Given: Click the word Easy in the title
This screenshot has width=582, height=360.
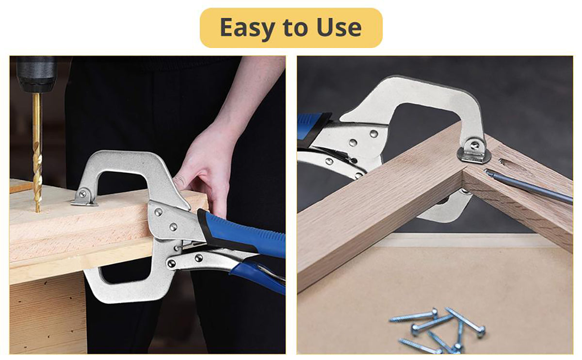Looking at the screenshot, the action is (247, 28).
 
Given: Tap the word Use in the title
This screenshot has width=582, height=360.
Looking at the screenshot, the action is (339, 27).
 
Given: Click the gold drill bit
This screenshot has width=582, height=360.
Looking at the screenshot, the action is (37, 152).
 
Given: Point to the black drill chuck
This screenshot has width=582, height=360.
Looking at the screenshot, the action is (36, 74).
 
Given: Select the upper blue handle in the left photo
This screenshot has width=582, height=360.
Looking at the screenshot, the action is (242, 232).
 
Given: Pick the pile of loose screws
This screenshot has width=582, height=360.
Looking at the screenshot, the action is (438, 329).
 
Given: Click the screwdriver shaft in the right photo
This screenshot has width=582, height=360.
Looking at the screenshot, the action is (528, 186).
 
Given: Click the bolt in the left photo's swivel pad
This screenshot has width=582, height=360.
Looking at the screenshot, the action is (82, 194).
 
